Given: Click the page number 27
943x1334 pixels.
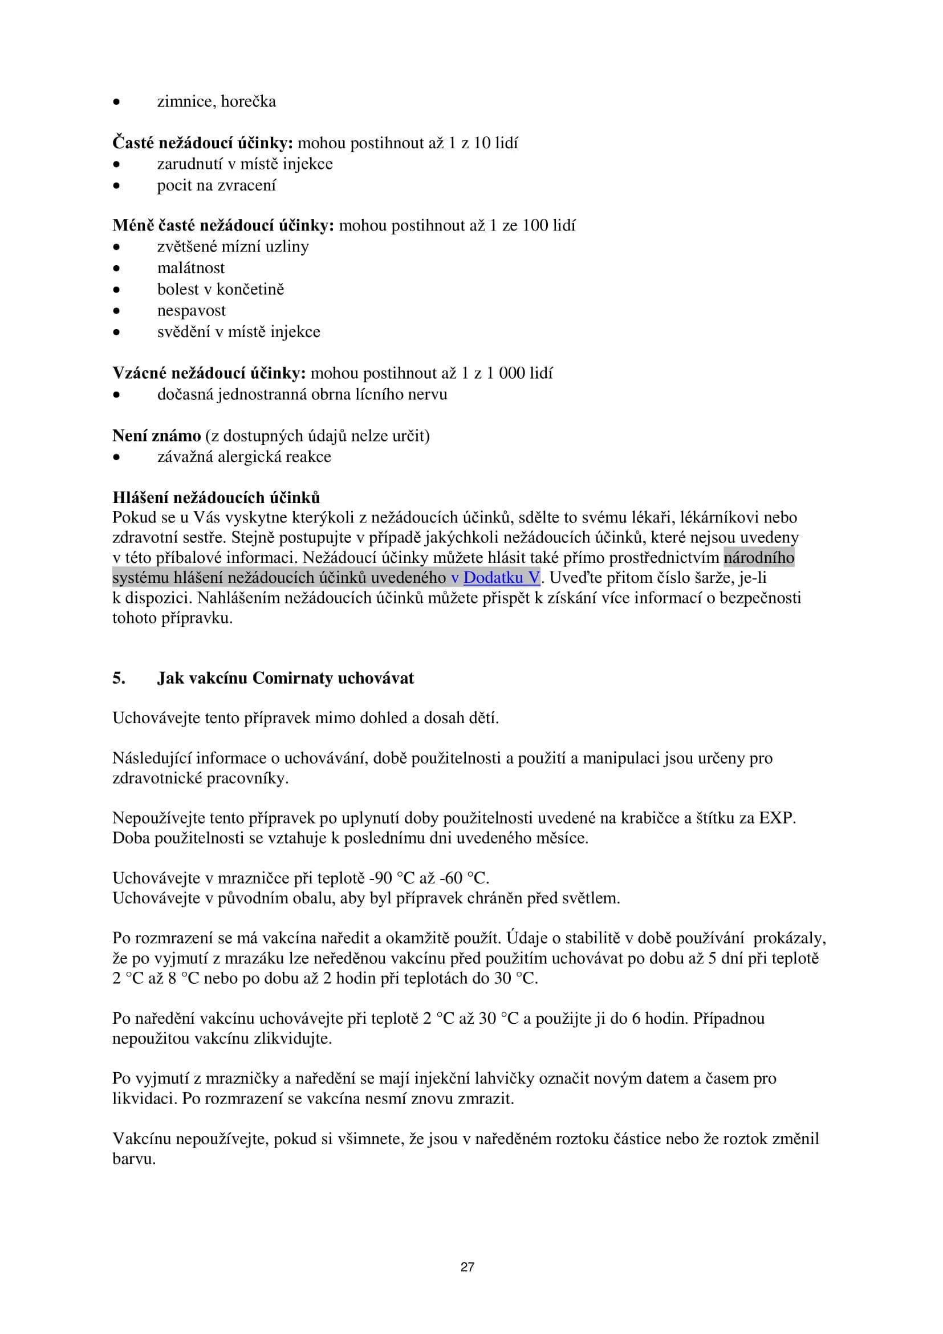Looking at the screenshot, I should (468, 1267).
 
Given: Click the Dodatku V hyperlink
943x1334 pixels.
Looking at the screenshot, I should (501, 578).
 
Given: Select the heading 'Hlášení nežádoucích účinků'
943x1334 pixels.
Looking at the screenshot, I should (216, 497).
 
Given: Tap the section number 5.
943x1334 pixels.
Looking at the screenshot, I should (119, 678).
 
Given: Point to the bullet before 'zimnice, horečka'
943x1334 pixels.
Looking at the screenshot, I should (117, 102).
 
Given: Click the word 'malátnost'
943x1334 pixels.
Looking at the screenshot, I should (190, 268).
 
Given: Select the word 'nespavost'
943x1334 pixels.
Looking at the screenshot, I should (191, 310).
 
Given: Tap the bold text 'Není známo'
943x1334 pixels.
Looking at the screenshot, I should (156, 436).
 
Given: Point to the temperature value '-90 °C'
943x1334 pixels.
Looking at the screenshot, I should (391, 878).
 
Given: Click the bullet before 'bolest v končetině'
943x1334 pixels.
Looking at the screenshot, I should (117, 290).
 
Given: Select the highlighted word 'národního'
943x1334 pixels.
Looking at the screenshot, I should (758, 558).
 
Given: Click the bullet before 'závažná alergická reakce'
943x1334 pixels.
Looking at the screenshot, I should (117, 458).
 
